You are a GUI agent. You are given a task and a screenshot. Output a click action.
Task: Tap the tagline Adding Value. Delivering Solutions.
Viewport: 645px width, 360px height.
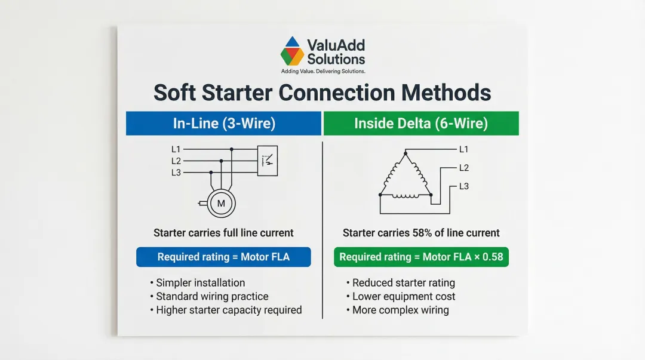(x=323, y=71)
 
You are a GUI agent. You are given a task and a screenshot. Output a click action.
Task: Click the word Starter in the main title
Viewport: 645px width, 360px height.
(x=237, y=93)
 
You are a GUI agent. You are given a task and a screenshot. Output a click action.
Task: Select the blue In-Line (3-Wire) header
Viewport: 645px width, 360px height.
(x=223, y=123)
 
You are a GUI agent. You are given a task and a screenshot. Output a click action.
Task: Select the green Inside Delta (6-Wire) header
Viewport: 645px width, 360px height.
(x=421, y=123)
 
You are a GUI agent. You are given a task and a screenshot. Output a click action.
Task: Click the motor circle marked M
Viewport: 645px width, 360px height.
(x=222, y=203)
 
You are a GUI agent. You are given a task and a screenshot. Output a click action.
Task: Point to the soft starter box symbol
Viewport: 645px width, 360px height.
(x=268, y=161)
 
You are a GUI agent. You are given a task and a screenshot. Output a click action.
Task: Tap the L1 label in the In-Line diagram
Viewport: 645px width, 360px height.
(x=176, y=149)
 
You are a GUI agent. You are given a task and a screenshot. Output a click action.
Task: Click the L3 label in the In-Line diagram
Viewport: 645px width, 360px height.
(x=176, y=173)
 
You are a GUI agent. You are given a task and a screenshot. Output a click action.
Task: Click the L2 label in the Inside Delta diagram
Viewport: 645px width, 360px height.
(x=464, y=167)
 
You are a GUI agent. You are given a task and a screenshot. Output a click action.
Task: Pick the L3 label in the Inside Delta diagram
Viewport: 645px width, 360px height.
(x=464, y=186)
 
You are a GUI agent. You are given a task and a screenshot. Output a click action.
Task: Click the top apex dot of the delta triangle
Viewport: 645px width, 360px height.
(x=406, y=153)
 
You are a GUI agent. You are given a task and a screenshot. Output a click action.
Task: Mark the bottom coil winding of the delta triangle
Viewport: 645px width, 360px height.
(x=406, y=196)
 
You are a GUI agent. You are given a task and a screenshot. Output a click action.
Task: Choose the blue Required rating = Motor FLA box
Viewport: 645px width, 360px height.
(x=223, y=257)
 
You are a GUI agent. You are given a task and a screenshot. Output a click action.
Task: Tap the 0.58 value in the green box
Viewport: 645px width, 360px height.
(x=493, y=257)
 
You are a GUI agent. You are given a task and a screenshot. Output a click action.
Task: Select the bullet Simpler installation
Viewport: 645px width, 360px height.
(x=198, y=282)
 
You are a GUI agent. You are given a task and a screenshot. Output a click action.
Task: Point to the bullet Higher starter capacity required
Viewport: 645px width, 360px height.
(x=226, y=310)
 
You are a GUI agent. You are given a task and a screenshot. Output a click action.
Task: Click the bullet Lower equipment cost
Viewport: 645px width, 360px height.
(x=401, y=296)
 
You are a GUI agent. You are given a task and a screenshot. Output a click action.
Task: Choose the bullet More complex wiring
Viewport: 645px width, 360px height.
(x=397, y=310)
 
